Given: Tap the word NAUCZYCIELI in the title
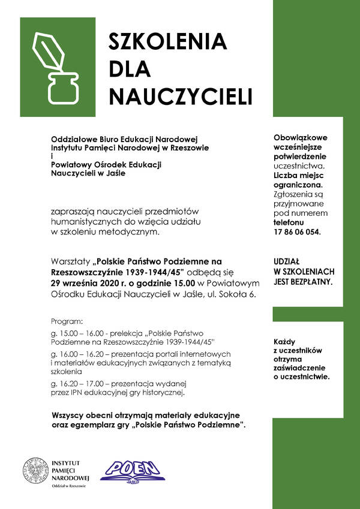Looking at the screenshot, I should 180,96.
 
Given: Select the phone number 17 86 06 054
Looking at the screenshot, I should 297,231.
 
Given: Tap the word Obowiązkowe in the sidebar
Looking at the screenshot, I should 301,137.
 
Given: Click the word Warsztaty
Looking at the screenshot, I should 70,261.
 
